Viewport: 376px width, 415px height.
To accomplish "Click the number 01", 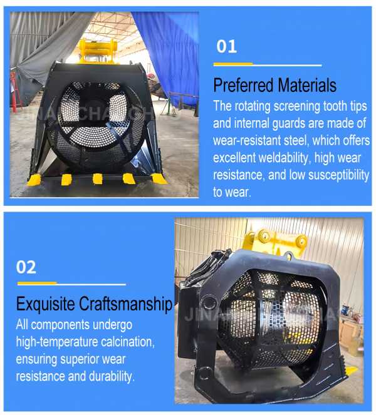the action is tap(226, 46).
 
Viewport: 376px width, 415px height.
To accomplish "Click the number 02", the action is tap(26, 267).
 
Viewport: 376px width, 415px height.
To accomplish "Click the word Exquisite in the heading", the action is tap(45, 304).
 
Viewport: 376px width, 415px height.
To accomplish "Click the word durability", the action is tap(112, 376).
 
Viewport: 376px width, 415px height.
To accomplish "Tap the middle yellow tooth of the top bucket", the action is tap(98, 178).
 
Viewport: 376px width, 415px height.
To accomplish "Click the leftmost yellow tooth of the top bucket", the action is tap(34, 180).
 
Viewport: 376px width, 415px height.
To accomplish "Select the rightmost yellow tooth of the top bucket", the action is tap(159, 178).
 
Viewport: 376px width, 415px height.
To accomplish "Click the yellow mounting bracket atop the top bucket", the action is tap(98, 51).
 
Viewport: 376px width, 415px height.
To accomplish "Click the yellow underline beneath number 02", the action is tap(37, 283).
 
